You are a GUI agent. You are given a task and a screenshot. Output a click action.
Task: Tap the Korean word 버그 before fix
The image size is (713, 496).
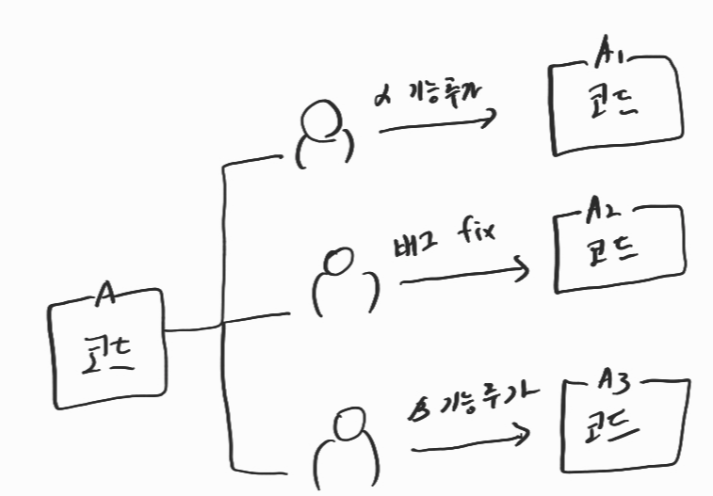coord(413,247)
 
